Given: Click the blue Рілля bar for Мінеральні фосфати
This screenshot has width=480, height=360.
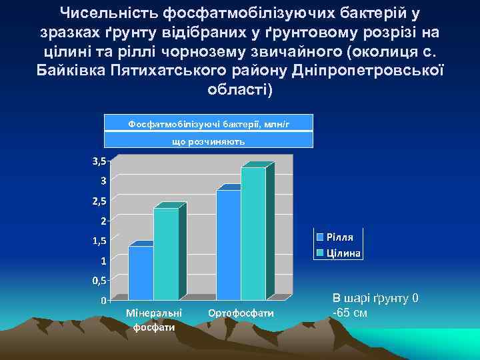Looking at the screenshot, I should click(x=141, y=273).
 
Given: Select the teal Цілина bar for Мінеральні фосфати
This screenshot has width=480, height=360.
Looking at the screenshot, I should click(x=166, y=253).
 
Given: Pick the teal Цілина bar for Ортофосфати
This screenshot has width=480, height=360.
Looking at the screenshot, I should click(x=253, y=233).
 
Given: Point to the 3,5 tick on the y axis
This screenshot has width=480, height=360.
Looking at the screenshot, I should click(x=99, y=161).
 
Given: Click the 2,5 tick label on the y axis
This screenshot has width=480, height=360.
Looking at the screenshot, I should click(x=99, y=201).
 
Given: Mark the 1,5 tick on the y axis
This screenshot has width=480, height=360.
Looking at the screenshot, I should click(x=99, y=240).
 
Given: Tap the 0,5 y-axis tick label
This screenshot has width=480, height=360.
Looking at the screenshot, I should click(x=99, y=280).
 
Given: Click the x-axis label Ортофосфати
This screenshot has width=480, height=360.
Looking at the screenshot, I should click(x=241, y=313).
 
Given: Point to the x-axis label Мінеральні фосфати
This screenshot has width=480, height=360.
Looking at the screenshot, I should click(x=153, y=320).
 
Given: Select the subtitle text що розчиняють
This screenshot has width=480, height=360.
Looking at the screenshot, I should click(x=209, y=141).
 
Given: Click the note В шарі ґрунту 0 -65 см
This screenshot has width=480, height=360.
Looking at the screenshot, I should click(x=375, y=305).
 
